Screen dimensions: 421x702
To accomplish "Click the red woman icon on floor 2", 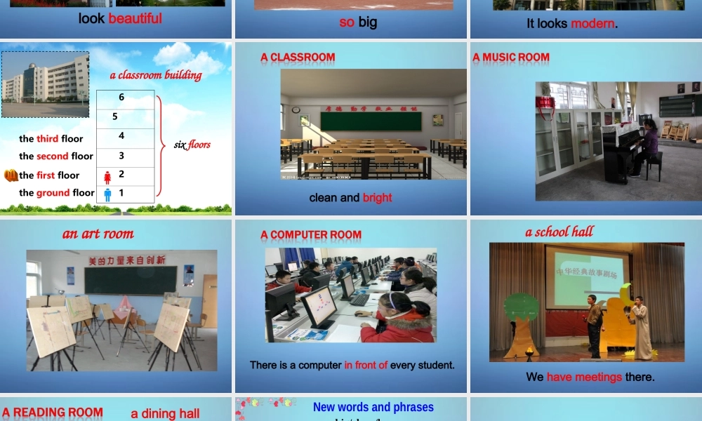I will tap(107, 176).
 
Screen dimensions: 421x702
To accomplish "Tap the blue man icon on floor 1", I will tap(107, 194).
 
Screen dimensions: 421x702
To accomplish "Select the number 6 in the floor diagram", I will tap(121, 98).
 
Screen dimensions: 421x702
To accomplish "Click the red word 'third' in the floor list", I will tap(48, 139).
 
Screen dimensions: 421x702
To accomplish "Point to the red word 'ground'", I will tap(53, 193).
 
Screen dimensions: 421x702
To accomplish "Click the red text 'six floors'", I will tap(192, 145).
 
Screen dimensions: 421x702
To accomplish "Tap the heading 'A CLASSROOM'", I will tap(298, 58).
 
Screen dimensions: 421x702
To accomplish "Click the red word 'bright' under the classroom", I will tap(377, 198).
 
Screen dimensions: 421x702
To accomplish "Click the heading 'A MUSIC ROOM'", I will tap(511, 58).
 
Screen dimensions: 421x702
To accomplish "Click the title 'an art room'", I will tap(98, 234).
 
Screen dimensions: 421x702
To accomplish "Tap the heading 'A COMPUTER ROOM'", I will tap(311, 235).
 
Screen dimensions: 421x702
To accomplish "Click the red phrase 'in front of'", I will tap(366, 365).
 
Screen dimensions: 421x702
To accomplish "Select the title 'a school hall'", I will tap(559, 232).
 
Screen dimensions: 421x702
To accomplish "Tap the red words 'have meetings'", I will tap(584, 377).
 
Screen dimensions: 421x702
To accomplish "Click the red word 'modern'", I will tap(592, 24).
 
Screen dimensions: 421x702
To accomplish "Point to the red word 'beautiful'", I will tap(135, 19).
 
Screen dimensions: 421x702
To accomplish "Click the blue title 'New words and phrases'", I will tap(373, 407).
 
